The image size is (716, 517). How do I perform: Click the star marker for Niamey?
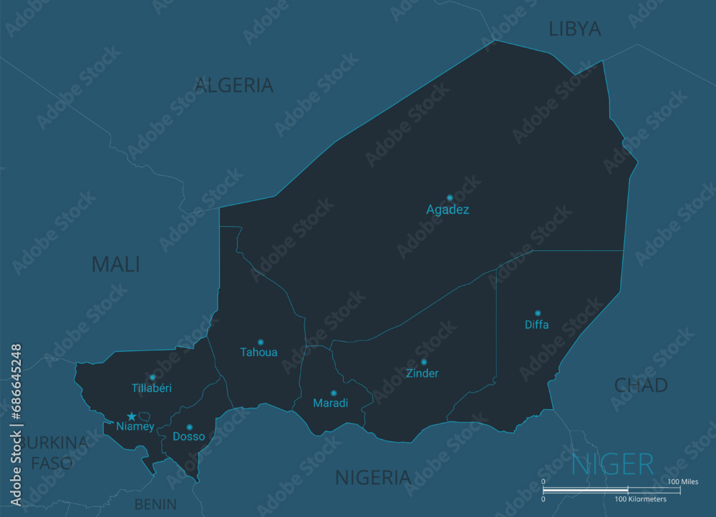point(132,416)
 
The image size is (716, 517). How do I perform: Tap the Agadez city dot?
point(450,197)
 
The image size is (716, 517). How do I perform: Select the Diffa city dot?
point(538,313)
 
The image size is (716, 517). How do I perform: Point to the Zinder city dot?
point(423,362)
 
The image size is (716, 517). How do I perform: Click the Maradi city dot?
point(333,393)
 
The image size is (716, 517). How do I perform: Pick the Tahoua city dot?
point(261,342)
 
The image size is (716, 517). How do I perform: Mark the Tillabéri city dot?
point(153,377)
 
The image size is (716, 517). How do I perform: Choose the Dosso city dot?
point(189,427)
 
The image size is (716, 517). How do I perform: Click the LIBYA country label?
point(575,29)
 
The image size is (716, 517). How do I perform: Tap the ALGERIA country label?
point(234,85)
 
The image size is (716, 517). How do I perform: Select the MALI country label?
point(115,264)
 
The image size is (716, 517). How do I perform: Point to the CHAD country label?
point(641,385)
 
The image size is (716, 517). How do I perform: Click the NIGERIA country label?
point(373,477)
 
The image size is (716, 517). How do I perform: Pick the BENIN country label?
point(155,504)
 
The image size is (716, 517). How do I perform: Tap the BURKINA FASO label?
point(52,453)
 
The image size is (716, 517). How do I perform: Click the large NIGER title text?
point(612,465)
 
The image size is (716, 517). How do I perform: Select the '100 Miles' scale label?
point(683,482)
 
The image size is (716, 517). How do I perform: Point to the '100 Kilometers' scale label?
point(641,499)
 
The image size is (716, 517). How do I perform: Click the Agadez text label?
point(447,210)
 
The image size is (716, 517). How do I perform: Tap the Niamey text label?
point(135,427)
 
